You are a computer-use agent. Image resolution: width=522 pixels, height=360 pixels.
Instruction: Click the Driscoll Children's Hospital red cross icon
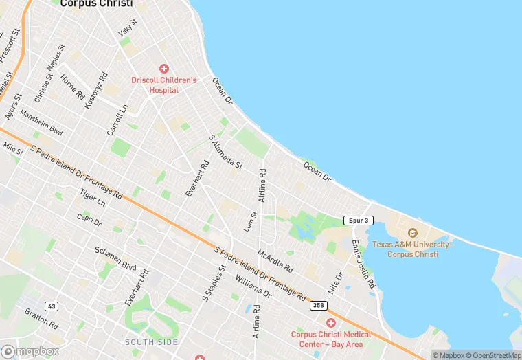point(164,68)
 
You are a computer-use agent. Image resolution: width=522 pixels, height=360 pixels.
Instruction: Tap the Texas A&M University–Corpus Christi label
point(412,249)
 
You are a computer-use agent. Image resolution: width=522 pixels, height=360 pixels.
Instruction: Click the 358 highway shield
point(317,304)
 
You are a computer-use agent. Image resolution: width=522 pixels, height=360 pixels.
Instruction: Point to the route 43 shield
point(51,306)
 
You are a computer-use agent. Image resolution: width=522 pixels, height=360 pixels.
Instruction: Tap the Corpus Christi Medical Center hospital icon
point(330,322)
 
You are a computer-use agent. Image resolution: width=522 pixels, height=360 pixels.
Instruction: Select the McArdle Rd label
point(275,260)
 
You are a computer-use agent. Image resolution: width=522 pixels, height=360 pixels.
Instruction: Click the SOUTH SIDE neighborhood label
point(151,341)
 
